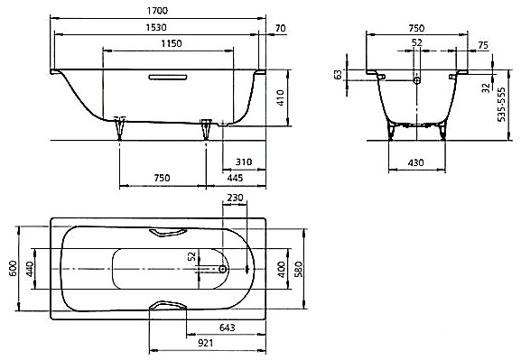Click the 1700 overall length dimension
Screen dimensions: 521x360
[x=157, y=11]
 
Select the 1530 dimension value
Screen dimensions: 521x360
[x=156, y=27]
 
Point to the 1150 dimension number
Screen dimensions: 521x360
[x=172, y=43]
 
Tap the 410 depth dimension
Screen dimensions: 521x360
[x=281, y=97]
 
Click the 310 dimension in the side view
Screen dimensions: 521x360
[x=244, y=162]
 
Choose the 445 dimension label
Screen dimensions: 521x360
[x=235, y=178]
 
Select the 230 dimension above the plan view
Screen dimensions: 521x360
[x=235, y=198]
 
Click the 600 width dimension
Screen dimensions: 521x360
[x=13, y=268]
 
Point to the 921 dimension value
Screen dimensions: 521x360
[x=205, y=343]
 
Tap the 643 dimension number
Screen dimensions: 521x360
[x=228, y=328]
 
